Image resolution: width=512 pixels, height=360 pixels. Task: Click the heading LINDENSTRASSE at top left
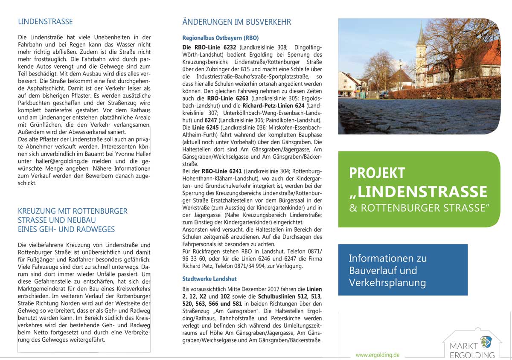click(x=45, y=22)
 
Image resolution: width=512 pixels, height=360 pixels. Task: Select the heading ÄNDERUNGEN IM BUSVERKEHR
click(x=236, y=22)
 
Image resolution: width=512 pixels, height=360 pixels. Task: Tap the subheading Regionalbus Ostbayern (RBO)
click(x=220, y=38)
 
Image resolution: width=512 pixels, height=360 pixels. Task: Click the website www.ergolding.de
click(x=378, y=354)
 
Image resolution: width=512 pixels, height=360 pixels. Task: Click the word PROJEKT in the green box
click(x=377, y=173)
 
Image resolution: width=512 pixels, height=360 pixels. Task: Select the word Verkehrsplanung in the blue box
click(x=387, y=282)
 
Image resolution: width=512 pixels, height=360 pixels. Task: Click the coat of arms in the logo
click(x=486, y=342)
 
